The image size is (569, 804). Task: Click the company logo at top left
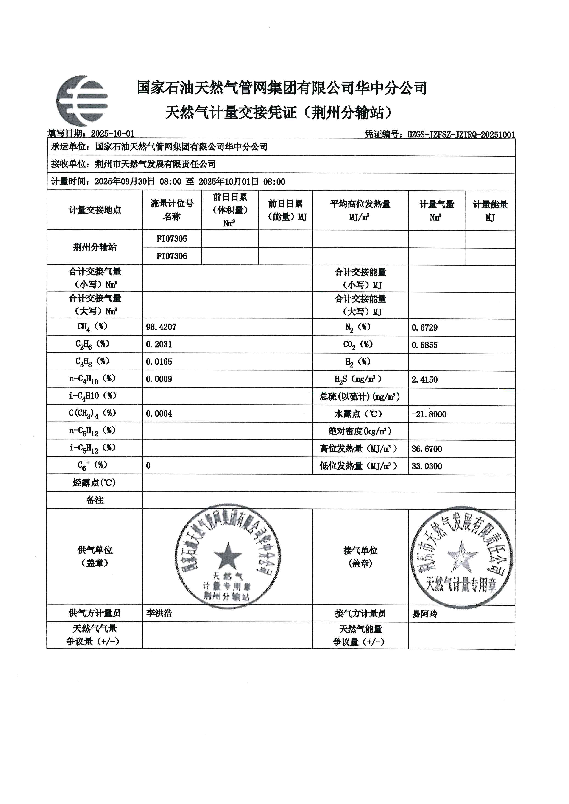tap(82, 101)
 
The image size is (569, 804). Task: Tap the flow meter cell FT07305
tap(172, 239)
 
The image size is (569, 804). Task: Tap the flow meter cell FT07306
tap(172, 256)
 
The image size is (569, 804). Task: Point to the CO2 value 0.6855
tap(425, 345)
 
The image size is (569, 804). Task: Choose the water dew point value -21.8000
tap(429, 414)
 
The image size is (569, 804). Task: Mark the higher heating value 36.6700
tap(427, 449)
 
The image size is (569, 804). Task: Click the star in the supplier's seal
tap(228, 556)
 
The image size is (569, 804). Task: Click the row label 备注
tap(95, 500)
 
